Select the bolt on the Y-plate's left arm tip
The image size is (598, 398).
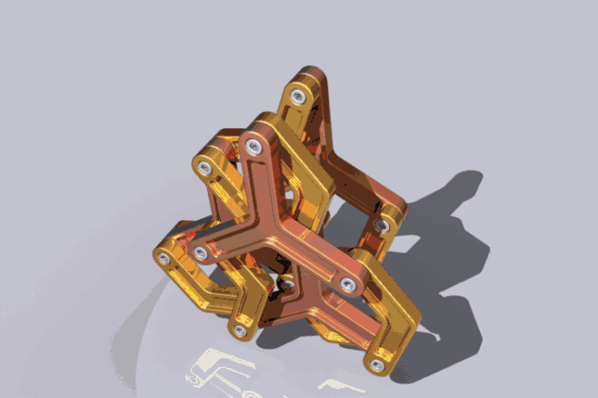200,252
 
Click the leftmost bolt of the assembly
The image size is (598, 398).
163,260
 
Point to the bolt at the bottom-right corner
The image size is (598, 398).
376,364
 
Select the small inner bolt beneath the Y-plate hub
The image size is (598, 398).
287,284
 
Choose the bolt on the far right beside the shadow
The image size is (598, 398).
383,224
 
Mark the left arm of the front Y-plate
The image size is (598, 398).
232,245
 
